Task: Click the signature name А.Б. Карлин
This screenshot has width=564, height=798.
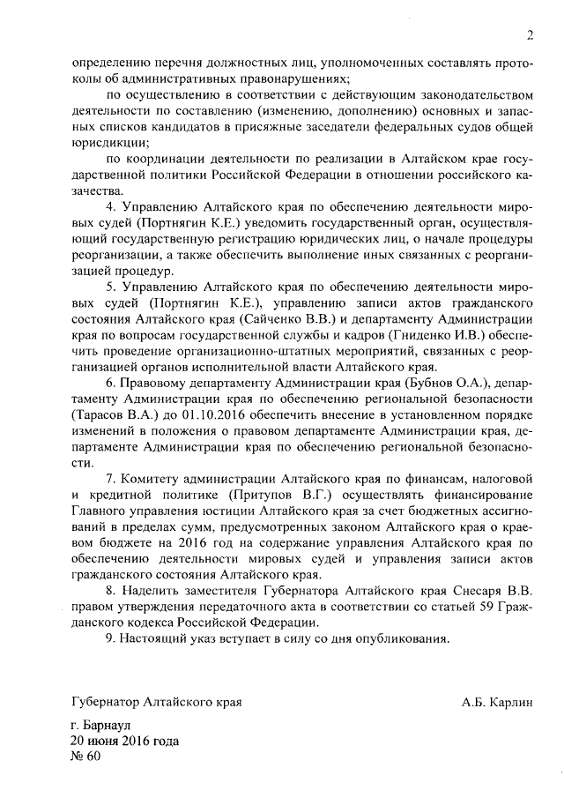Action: (x=497, y=703)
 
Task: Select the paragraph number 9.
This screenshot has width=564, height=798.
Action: (x=110, y=638)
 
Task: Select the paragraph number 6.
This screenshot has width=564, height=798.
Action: (x=110, y=383)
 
